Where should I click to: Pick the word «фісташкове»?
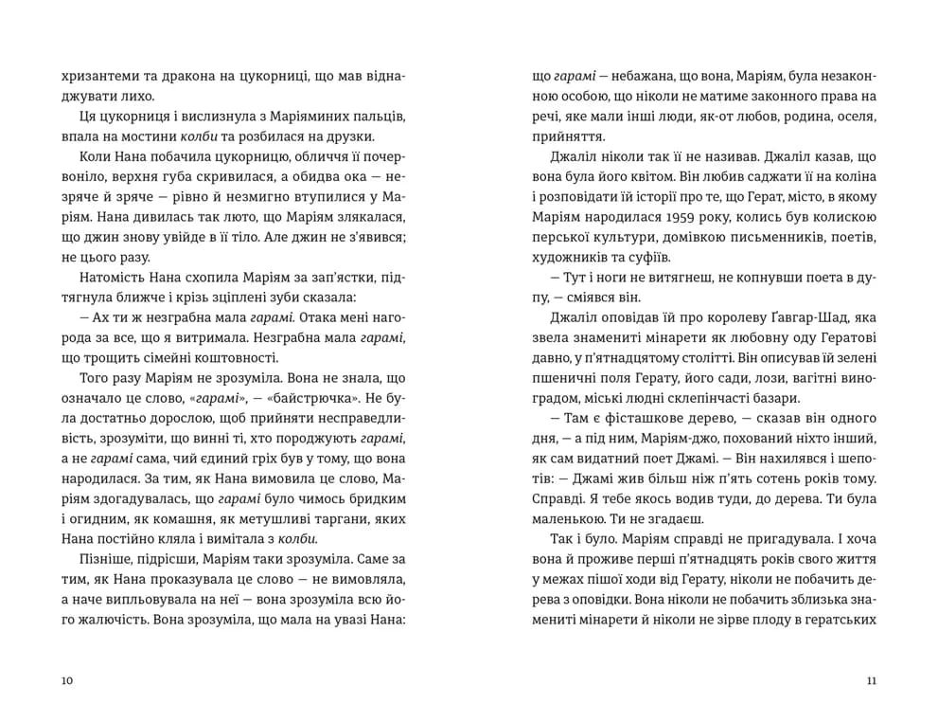click(628, 418)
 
